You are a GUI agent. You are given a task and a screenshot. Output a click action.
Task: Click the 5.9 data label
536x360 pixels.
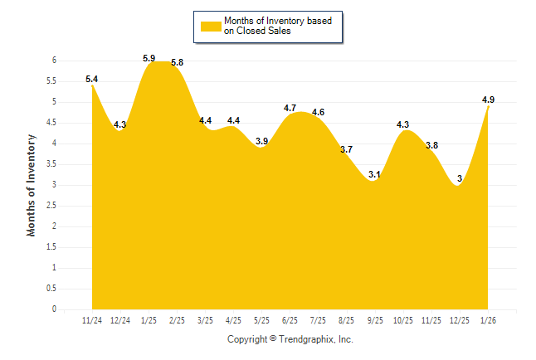149,58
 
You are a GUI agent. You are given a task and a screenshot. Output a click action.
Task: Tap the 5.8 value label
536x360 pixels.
177,62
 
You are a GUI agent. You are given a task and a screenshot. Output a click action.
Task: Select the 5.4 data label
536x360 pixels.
92,79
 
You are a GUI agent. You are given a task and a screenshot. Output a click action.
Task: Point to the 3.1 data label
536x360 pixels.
375,174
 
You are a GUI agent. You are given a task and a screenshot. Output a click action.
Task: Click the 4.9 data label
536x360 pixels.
489,100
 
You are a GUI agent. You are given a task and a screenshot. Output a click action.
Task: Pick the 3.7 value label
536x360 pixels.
347,149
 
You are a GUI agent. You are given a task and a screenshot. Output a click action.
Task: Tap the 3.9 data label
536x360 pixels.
261,141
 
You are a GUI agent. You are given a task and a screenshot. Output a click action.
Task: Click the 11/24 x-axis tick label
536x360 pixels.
92,320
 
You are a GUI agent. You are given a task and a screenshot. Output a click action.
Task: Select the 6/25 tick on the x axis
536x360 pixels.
290,320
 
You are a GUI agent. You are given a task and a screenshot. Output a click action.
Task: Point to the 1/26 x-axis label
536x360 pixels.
489,320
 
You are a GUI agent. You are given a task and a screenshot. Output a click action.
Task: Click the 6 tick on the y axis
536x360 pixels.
54,61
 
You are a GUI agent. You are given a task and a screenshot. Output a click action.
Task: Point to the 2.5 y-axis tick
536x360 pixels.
51,206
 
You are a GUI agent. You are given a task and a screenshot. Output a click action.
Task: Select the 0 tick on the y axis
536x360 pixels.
54,309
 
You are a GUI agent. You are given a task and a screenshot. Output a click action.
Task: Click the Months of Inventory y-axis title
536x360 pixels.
32,185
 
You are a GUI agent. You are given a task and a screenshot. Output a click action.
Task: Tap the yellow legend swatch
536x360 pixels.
209,26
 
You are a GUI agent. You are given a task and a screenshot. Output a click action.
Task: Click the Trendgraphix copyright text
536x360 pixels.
290,339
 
